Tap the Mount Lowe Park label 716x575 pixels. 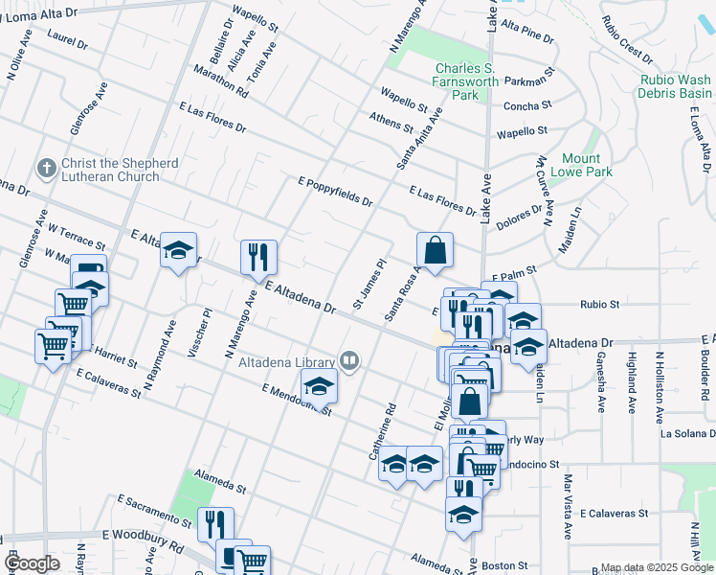tap(582, 165)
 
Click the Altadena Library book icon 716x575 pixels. tap(350, 361)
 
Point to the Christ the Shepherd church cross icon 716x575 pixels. tap(46, 169)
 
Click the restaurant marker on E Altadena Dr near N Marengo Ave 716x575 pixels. tap(258, 257)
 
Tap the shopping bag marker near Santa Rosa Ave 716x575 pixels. tap(435, 250)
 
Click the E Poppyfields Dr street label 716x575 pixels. tap(335, 191)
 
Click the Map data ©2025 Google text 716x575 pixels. tap(657, 567)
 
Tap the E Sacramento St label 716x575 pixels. tap(154, 511)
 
